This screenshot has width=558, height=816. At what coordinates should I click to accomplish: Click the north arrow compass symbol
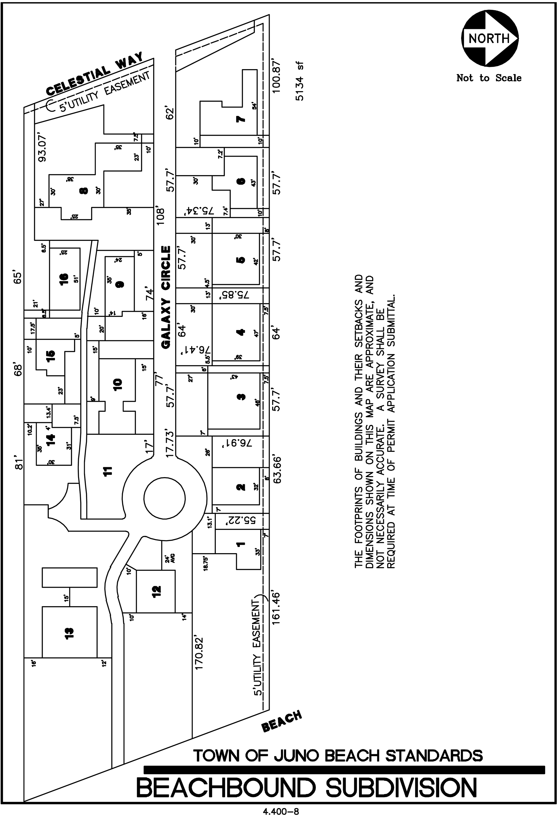coord(489,38)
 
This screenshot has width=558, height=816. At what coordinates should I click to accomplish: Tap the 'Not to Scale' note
coord(489,78)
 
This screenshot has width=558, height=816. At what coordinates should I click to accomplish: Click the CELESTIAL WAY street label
coord(95,74)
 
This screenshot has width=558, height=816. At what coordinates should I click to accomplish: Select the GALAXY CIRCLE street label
coord(166,297)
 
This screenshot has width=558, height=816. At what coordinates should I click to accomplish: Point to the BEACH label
coord(282,721)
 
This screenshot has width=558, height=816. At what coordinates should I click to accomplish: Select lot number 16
coord(64,279)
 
